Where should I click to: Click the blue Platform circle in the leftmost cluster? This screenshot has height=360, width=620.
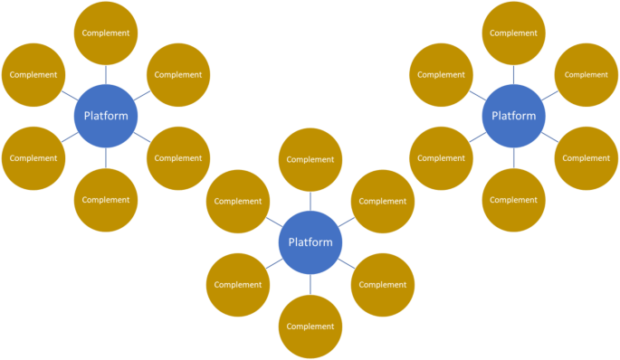click(x=106, y=116)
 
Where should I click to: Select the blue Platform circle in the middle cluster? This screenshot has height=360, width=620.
click(x=310, y=242)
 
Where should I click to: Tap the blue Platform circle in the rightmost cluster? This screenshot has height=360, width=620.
click(x=514, y=116)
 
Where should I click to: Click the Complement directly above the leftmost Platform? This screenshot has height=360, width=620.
click(x=106, y=33)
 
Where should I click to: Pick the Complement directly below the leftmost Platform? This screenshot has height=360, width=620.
click(x=106, y=200)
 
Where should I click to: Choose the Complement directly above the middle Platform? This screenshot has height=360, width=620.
click(x=310, y=160)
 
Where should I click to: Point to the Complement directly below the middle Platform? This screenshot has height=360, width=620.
click(x=310, y=327)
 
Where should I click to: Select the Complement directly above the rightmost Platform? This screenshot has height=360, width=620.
click(x=514, y=33)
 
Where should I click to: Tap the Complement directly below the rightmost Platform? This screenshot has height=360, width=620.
click(x=514, y=200)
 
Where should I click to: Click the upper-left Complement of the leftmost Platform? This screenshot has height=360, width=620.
click(x=33, y=75)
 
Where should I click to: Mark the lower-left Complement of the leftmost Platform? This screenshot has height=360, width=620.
click(x=33, y=158)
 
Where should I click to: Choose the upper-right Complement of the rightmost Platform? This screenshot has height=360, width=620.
click(x=587, y=75)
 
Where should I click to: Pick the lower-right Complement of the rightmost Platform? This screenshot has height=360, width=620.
click(x=587, y=158)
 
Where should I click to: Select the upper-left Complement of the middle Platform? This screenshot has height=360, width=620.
click(x=238, y=202)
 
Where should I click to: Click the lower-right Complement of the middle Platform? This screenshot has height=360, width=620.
click(x=383, y=285)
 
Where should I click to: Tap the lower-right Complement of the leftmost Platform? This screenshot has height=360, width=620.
click(x=178, y=158)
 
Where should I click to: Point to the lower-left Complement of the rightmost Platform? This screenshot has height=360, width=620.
click(x=442, y=158)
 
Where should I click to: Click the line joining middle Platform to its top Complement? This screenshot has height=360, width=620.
click(x=310, y=201)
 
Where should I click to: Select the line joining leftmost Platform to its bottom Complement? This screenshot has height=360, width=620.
click(x=106, y=157)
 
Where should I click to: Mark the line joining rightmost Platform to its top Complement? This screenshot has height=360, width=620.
click(x=514, y=74)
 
